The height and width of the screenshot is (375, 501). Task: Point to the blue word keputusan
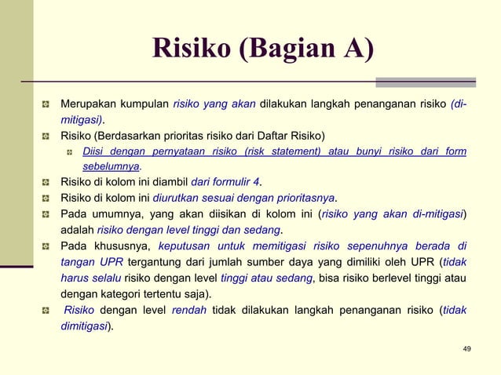(185, 246)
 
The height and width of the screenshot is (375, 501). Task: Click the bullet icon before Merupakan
(47, 104)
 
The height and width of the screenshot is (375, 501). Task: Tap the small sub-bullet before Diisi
(70, 151)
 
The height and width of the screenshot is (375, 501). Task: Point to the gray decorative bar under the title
(425, 82)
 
